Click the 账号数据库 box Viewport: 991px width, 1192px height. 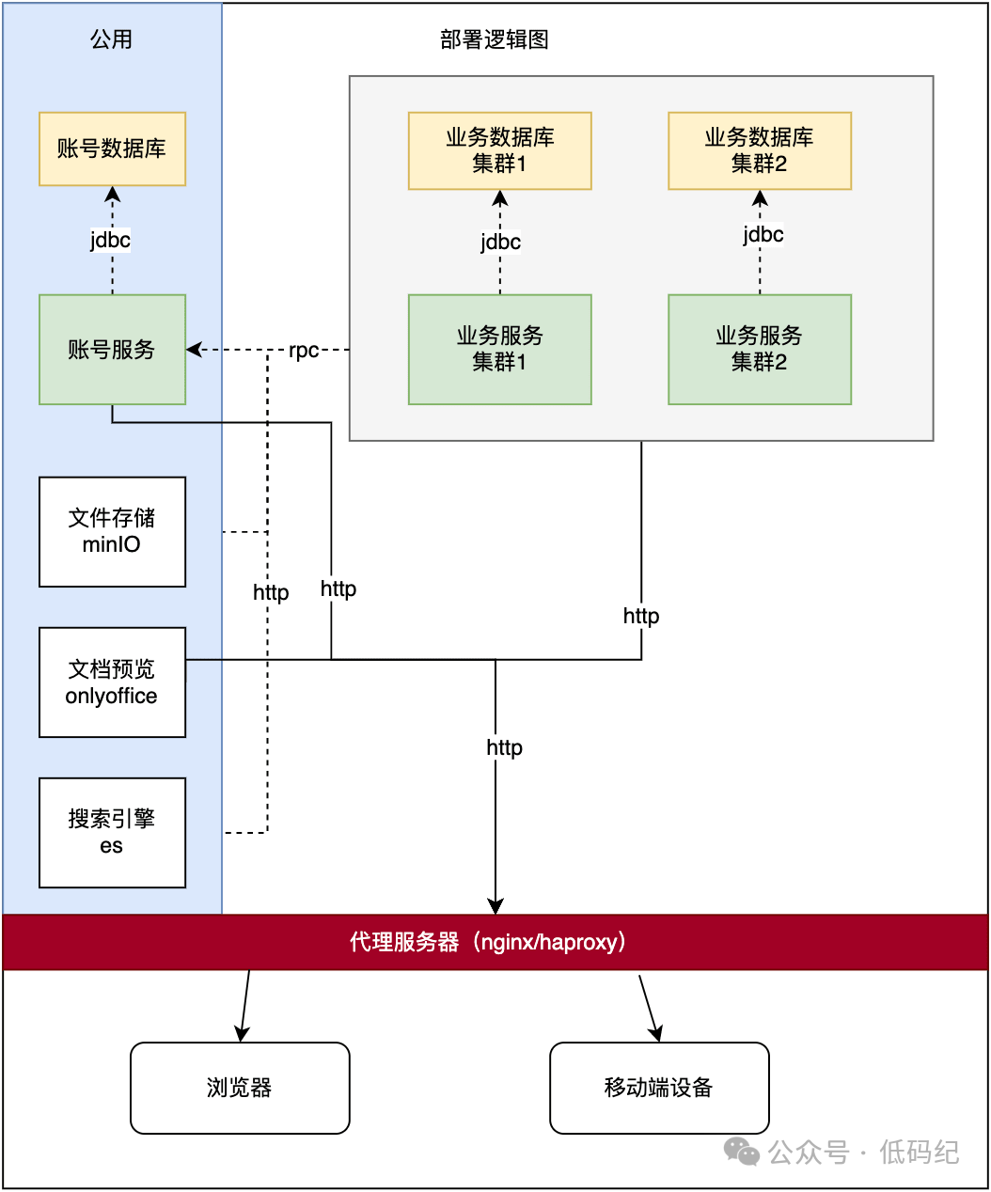coord(112,149)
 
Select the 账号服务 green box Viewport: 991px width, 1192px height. coord(112,350)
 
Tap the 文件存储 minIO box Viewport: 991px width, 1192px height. coord(112,532)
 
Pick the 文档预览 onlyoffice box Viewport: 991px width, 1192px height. coord(112,682)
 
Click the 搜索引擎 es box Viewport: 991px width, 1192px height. coord(112,833)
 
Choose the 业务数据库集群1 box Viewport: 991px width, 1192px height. coord(499,150)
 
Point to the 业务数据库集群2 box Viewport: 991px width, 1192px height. coord(759,150)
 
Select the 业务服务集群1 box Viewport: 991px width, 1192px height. coord(499,350)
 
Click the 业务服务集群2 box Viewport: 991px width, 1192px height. coord(759,350)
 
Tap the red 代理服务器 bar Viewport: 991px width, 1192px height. coord(495,942)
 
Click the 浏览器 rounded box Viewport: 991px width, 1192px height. coord(240,1088)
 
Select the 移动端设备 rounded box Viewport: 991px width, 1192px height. coord(659,1088)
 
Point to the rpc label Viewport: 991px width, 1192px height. coord(304,351)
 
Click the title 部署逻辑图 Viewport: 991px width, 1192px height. coord(495,39)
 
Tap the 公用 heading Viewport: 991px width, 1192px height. coord(111,39)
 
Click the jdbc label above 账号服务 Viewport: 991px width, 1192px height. coord(111,240)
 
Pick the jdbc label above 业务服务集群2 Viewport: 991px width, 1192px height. coord(763,234)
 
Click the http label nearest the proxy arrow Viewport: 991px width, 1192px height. coord(504,747)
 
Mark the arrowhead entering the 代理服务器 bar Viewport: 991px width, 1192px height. coord(495,906)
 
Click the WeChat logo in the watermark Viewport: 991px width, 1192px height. coord(742,1152)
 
